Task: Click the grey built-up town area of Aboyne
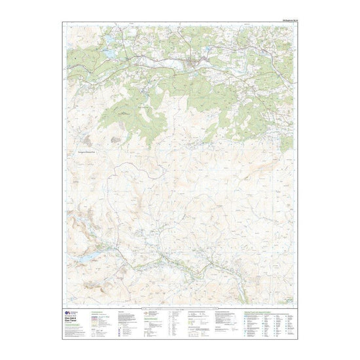pos(194,63)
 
